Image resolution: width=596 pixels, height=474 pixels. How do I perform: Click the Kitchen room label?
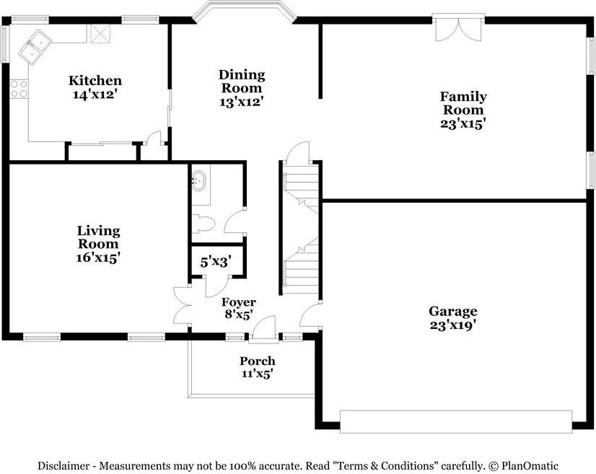pos(95,81)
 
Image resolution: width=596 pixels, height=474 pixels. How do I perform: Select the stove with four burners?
pos(19,89)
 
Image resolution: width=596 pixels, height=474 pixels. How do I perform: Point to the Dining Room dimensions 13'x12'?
pos(242,102)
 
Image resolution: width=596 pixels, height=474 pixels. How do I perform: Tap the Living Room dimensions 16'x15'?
pos(99,257)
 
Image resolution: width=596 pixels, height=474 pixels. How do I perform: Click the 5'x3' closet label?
pos(215,263)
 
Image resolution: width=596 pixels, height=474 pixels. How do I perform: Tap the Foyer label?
pos(238,302)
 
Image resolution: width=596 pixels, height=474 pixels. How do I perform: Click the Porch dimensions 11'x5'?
pos(258,374)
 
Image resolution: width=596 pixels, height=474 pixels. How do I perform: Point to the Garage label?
pos(452,311)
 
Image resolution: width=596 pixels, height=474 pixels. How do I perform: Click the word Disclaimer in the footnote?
pos(67,466)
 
